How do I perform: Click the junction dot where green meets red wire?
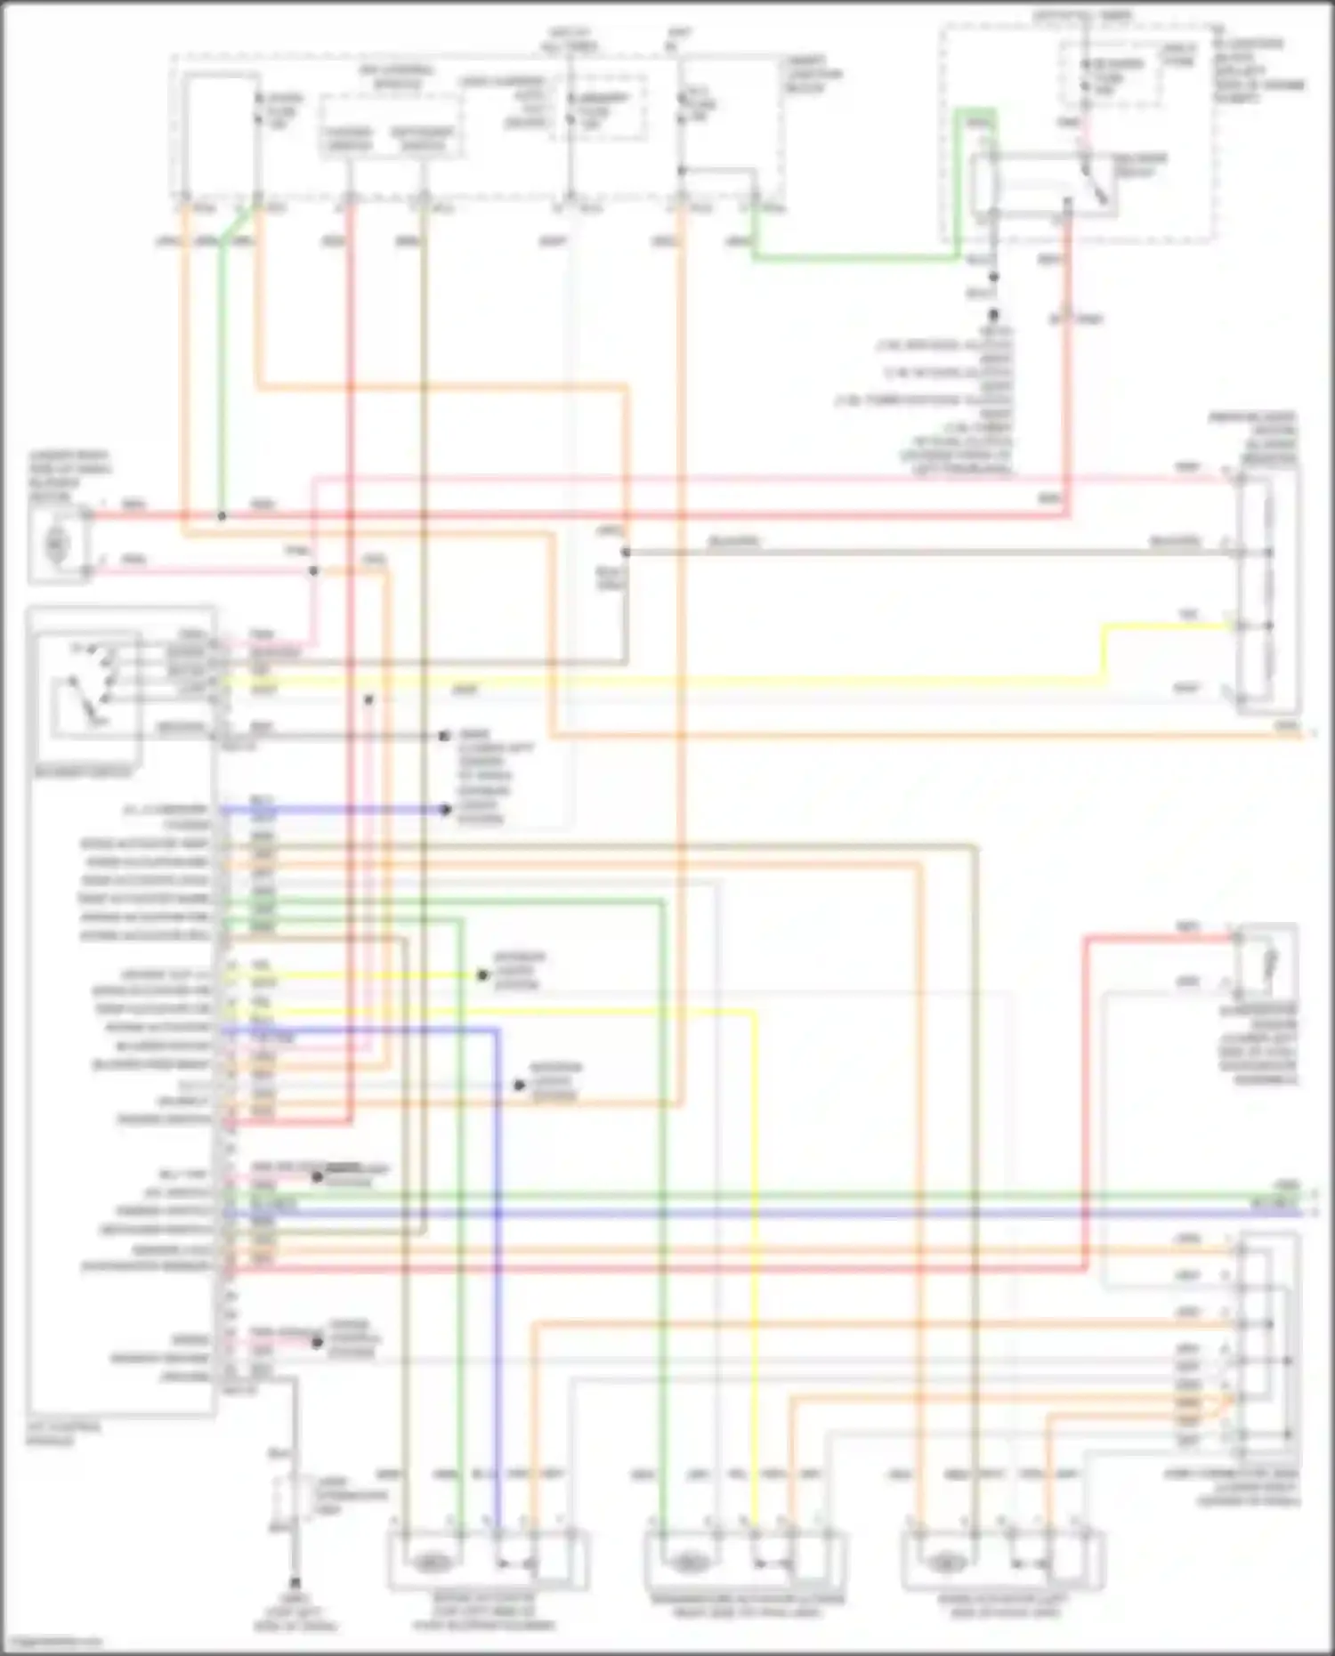point(222,516)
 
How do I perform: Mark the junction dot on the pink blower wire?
point(313,570)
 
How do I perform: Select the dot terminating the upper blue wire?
point(445,810)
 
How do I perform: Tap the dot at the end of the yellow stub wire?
point(482,975)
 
